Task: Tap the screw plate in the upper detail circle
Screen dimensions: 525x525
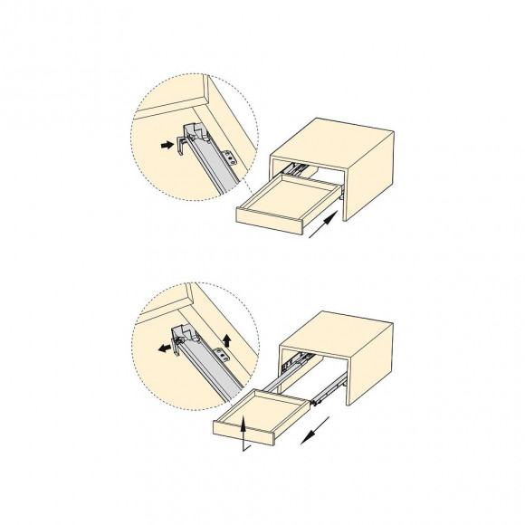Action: [x=232, y=157]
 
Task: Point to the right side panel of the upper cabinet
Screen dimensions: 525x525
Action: [x=370, y=177]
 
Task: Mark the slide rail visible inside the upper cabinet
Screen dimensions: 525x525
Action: [x=295, y=167]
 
